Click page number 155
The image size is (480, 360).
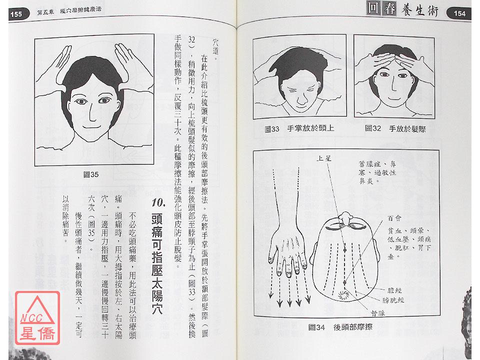click(16, 14)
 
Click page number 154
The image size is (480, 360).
click(459, 13)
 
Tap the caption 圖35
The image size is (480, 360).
click(91, 174)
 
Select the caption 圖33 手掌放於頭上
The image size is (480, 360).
click(299, 128)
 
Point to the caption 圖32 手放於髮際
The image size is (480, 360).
click(395, 128)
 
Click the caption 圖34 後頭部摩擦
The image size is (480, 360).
click(340, 327)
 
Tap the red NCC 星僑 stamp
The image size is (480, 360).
click(37, 318)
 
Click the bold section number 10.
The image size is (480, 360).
click(158, 203)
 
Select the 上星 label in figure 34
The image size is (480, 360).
click(324, 158)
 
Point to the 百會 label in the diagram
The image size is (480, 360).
click(394, 218)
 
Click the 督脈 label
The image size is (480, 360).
click(377, 313)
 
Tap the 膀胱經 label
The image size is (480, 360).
click(393, 300)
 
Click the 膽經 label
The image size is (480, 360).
click(394, 290)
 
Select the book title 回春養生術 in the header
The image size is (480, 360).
click(402, 9)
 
